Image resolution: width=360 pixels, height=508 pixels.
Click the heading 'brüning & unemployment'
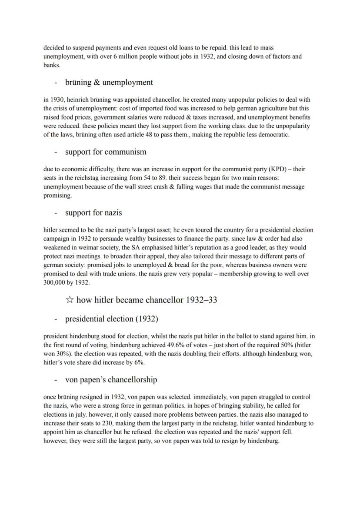[x=109, y=82]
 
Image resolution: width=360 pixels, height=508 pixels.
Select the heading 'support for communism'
[x=106, y=152]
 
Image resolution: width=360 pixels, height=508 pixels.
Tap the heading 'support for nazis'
[x=93, y=212]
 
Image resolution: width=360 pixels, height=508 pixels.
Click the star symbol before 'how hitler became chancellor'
[x=69, y=300]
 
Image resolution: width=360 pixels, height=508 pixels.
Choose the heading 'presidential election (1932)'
[x=111, y=319]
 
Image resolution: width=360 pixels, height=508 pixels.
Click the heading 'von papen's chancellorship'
[x=111, y=379]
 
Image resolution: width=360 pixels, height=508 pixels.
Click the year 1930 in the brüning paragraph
[x=57, y=100]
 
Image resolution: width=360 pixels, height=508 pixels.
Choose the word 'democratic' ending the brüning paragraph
[x=272, y=135]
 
